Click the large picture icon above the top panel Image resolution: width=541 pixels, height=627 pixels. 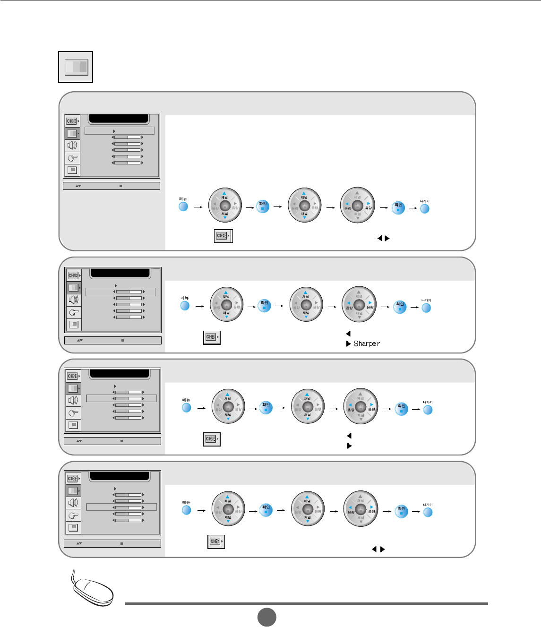pyautogui.click(x=76, y=67)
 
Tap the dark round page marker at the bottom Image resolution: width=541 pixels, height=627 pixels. pyautogui.click(x=266, y=617)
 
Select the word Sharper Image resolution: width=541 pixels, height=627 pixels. pyautogui.click(x=367, y=344)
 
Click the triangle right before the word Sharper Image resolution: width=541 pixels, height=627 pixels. pyautogui.click(x=349, y=344)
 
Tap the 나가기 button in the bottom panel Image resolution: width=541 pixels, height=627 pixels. pyautogui.click(x=428, y=512)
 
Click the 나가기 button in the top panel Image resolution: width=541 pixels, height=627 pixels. pyautogui.click(x=425, y=208)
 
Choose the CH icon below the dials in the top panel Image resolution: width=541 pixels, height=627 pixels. pyautogui.click(x=223, y=235)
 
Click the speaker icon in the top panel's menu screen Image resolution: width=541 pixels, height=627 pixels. pyautogui.click(x=72, y=146)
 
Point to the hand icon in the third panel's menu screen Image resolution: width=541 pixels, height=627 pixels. pyautogui.click(x=73, y=413)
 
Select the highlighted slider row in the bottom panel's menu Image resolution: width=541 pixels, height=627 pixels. pyautogui.click(x=121, y=507)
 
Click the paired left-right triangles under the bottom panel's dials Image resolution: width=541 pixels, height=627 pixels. pyautogui.click(x=378, y=549)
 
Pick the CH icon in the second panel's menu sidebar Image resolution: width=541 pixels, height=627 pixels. pyautogui.click(x=73, y=275)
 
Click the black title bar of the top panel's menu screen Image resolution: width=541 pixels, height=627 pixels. pyautogui.click(x=119, y=119)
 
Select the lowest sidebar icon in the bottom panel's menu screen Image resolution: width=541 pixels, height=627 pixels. pyautogui.click(x=73, y=527)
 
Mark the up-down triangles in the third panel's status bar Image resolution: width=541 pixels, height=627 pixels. pyautogui.click(x=79, y=441)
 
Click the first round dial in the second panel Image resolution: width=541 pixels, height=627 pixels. pyautogui.click(x=226, y=305)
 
